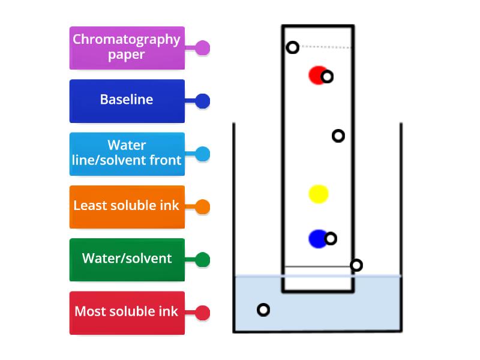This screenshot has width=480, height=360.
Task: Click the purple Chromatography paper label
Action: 127,48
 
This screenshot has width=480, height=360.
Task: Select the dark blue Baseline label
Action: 127,101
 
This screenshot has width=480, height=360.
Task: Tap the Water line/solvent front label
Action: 127,154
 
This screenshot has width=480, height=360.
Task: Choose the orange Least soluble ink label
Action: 127,207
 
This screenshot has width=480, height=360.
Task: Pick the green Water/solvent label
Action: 127,260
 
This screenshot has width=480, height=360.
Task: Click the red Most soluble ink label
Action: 127,313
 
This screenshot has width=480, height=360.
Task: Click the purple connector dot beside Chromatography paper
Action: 202,48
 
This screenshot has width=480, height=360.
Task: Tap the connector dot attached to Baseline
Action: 202,101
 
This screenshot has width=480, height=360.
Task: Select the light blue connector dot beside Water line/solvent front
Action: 202,154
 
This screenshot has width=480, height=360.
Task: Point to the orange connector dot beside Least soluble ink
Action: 202,206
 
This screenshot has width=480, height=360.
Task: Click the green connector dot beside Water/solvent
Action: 202,260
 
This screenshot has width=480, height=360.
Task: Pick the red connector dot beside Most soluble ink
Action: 202,313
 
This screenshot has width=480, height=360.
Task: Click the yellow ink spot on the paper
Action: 319,194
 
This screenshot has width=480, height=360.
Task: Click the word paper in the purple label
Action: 127,55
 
